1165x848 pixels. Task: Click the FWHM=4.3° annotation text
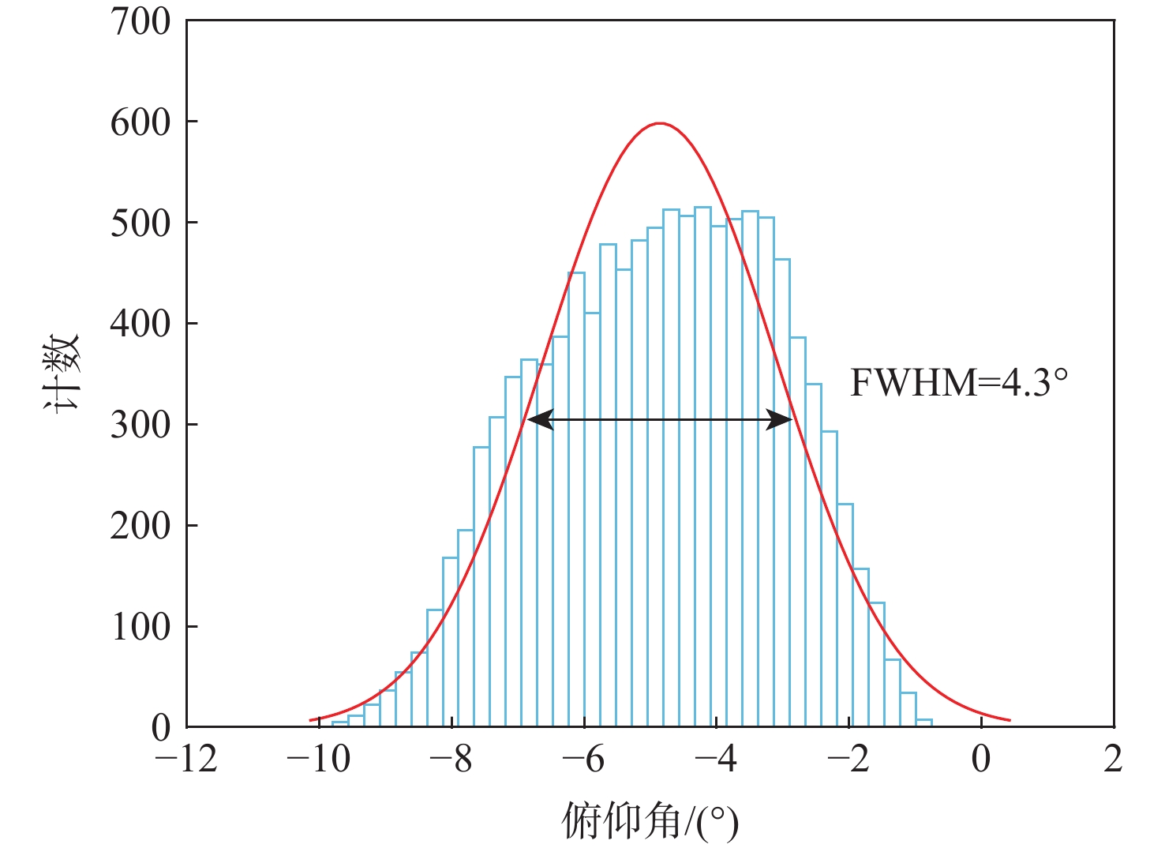tap(959, 383)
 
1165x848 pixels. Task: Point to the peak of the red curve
tap(660, 124)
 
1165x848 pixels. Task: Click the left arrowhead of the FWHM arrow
tap(539, 420)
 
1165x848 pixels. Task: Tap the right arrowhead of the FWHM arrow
tap(781, 420)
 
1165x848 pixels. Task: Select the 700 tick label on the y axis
tap(140, 22)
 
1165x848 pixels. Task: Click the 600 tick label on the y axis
tap(140, 122)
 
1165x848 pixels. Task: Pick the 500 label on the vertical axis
tap(140, 223)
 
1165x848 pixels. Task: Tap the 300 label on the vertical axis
tap(140, 426)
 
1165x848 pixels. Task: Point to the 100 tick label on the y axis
tap(140, 628)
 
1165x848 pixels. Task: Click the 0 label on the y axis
tap(161, 728)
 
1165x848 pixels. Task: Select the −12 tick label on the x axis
tap(185, 760)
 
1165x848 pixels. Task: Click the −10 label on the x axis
tap(318, 760)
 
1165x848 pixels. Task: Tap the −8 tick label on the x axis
tap(451, 760)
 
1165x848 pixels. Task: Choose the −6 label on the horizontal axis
tap(583, 760)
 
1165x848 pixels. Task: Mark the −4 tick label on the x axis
tap(716, 760)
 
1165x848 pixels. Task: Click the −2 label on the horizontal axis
tap(848, 760)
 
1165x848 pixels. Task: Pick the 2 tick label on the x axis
tap(1113, 760)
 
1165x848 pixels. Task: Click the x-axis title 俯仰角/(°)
tap(650, 821)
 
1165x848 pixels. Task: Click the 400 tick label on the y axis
tap(140, 325)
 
